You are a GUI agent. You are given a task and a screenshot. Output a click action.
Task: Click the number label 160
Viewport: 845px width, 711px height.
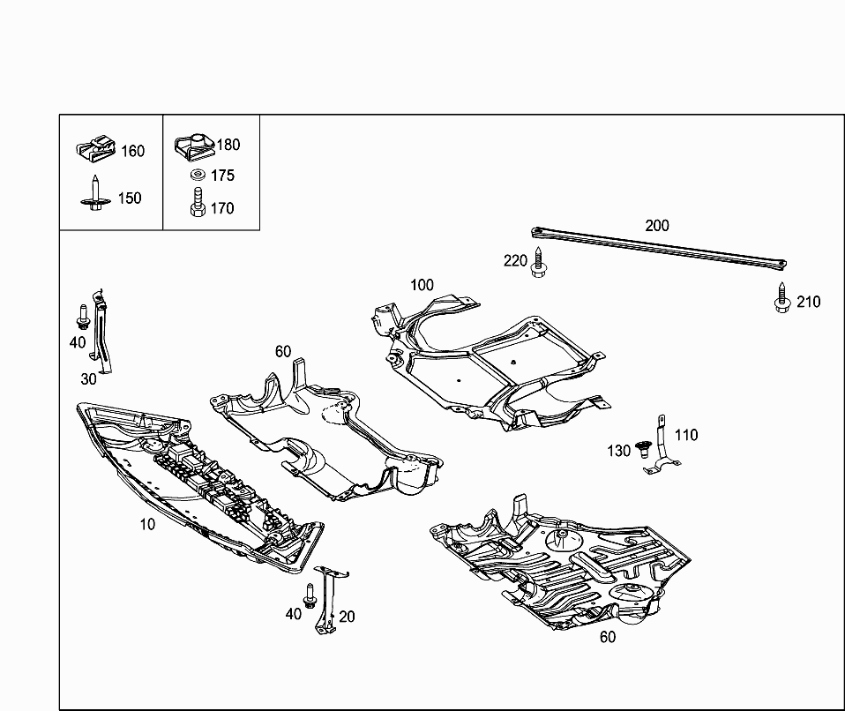click(132, 151)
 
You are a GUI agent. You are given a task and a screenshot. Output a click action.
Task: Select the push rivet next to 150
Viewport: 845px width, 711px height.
click(94, 196)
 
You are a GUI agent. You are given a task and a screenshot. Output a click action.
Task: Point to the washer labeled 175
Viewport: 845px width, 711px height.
click(198, 175)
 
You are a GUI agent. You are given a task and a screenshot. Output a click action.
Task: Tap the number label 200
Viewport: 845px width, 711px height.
click(656, 225)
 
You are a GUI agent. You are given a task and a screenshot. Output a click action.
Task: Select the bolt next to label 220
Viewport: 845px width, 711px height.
click(538, 263)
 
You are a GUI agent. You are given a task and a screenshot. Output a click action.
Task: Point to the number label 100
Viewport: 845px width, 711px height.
click(422, 285)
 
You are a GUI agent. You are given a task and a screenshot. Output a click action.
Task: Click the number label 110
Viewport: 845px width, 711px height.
click(685, 435)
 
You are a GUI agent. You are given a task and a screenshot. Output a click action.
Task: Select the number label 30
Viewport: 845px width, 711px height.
click(88, 379)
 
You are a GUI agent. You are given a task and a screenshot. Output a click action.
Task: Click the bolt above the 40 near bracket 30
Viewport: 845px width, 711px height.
click(82, 316)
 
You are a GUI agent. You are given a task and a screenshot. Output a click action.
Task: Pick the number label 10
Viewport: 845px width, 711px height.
click(146, 524)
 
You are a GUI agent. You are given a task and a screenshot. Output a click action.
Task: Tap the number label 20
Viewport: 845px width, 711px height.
click(347, 617)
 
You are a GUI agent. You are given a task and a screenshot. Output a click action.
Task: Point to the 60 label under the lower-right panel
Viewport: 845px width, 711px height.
click(608, 637)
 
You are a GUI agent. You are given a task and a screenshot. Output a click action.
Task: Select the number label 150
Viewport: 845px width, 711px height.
click(129, 198)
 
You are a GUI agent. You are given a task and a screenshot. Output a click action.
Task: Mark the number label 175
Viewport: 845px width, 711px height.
click(222, 176)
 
